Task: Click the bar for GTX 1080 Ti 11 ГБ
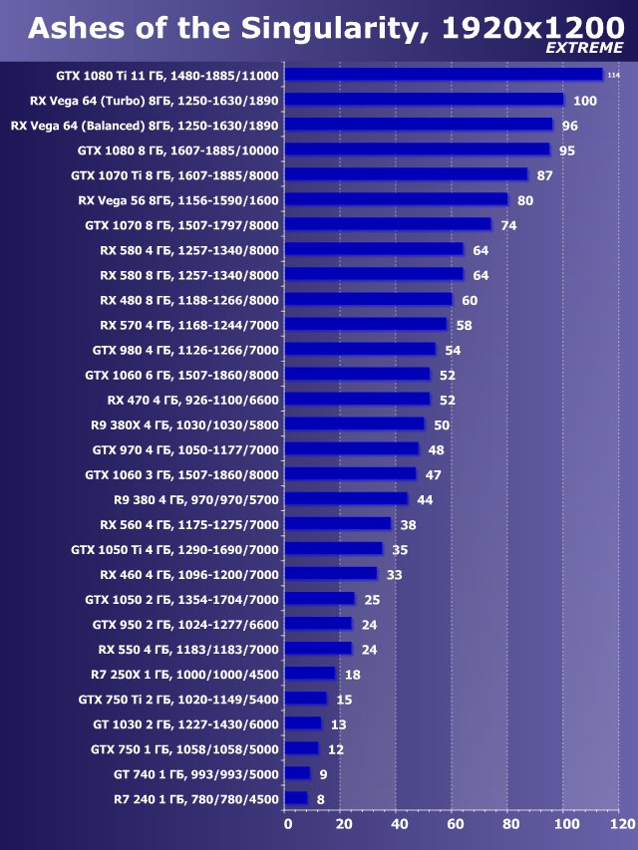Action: point(444,75)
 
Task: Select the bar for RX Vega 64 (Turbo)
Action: point(424,100)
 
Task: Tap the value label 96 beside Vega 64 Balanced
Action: point(570,126)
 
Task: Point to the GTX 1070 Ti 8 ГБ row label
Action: point(174,175)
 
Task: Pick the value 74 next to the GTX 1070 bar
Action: point(508,225)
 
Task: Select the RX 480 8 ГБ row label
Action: point(189,300)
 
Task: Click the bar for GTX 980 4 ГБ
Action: point(360,350)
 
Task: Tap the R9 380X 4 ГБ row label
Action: point(184,425)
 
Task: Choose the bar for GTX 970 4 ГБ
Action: point(352,449)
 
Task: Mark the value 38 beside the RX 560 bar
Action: point(408,524)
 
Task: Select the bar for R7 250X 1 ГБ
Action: point(310,674)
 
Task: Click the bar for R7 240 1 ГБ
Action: point(296,798)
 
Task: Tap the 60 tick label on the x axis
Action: point(454,825)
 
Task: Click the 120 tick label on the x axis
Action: point(620,825)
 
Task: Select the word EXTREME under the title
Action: point(585,47)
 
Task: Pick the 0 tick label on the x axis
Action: point(288,825)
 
